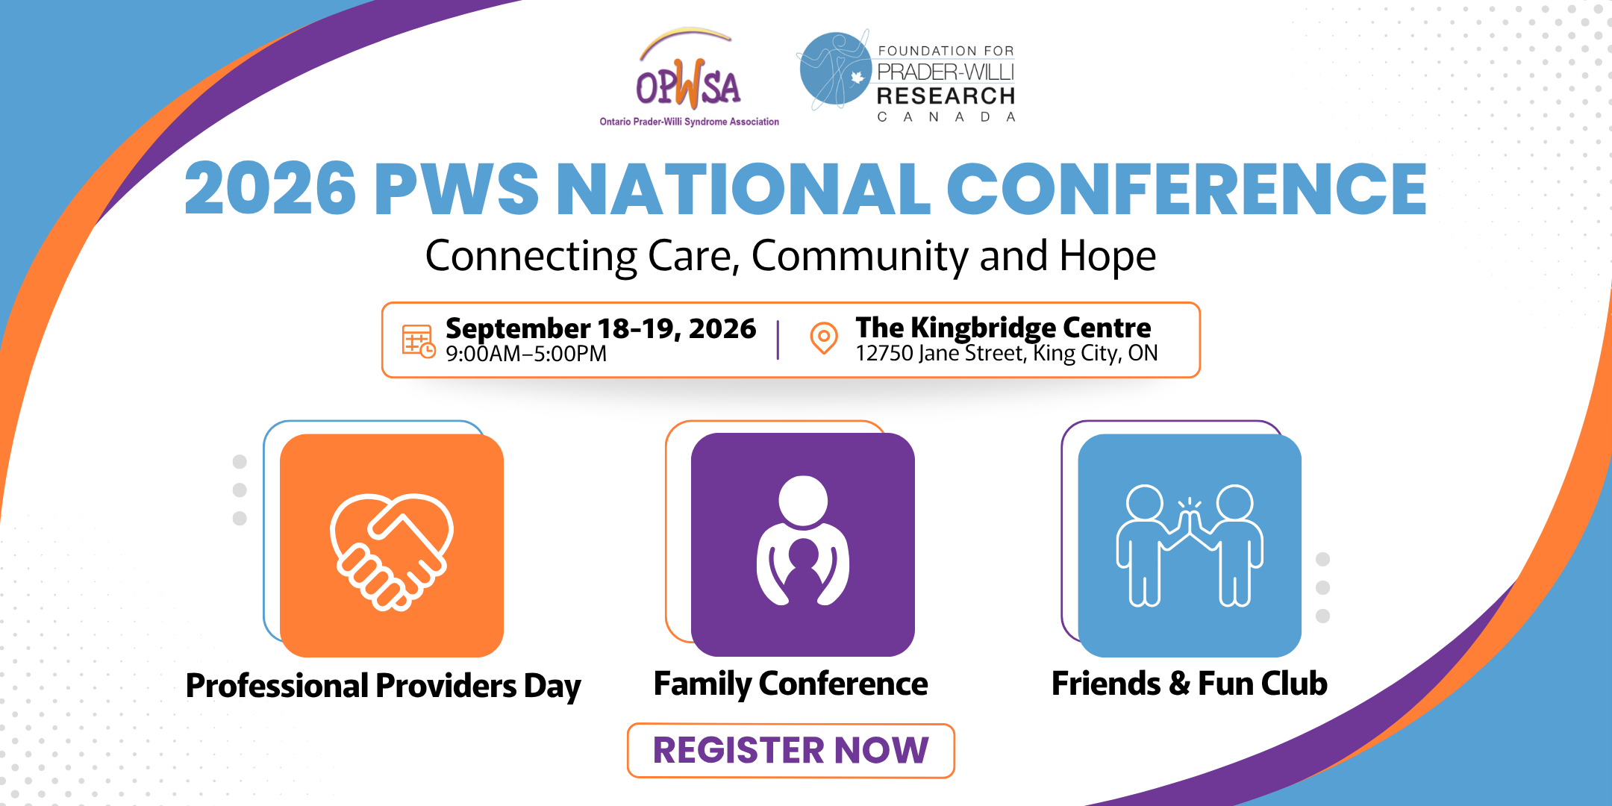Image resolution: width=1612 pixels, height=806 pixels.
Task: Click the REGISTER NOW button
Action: (x=790, y=750)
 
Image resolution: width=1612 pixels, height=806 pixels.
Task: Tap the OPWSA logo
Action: (x=689, y=78)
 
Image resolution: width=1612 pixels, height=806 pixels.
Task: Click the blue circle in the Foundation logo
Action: (x=834, y=69)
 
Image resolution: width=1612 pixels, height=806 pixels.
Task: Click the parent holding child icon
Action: (x=803, y=541)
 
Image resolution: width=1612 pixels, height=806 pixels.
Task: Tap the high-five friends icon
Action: (x=1190, y=545)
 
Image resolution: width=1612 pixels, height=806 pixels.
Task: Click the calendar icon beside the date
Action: (x=419, y=341)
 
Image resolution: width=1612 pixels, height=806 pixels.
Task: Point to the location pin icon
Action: (x=824, y=338)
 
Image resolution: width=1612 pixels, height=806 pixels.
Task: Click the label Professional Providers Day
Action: (x=383, y=686)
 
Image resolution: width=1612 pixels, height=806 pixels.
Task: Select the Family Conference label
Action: (x=790, y=684)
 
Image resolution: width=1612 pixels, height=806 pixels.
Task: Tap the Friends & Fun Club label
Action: (x=1190, y=684)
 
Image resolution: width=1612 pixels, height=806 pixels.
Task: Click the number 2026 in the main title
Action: (x=270, y=188)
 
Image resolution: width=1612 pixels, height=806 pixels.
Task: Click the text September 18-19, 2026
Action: (x=601, y=328)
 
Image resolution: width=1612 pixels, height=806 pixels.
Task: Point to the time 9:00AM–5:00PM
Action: (x=526, y=354)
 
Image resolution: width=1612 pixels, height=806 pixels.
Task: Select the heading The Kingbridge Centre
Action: (x=1003, y=328)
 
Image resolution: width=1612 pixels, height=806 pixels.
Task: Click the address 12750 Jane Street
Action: (x=940, y=353)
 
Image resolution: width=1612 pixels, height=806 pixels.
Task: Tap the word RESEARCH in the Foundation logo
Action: (x=946, y=96)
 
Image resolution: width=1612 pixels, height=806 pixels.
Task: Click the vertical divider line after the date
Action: (x=778, y=340)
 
